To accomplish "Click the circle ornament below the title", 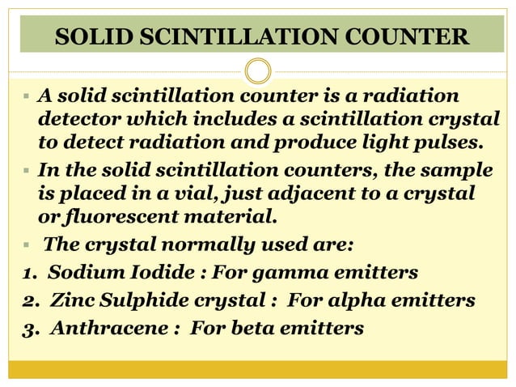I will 258,71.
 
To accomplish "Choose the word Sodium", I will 82,271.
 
